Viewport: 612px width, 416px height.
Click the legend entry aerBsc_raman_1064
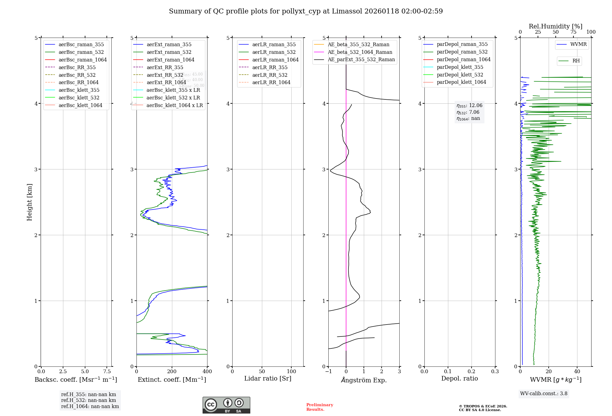(83, 60)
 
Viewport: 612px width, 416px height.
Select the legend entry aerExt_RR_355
(165, 67)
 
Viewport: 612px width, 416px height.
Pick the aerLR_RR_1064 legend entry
(271, 82)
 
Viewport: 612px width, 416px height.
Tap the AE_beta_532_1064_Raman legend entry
(360, 52)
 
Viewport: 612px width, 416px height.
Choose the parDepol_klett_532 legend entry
(460, 75)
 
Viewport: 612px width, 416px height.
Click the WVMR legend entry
(578, 44)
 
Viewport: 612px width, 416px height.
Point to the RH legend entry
(576, 61)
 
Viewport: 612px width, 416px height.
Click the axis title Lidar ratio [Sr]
(268, 378)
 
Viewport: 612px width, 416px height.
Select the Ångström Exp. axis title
(364, 380)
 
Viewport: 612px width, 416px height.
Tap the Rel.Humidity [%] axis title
(555, 26)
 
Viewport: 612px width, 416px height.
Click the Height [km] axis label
(29, 202)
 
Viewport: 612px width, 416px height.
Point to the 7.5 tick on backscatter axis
(107, 371)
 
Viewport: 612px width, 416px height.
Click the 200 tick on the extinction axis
(172, 371)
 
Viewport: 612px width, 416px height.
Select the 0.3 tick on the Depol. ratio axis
(495, 371)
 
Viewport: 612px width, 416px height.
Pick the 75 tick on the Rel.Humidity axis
(573, 32)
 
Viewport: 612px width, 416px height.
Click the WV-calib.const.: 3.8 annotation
(544, 393)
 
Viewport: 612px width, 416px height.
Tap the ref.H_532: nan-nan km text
(88, 400)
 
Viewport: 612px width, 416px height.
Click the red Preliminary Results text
(319, 407)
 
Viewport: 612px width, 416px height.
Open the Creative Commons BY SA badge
(226, 405)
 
